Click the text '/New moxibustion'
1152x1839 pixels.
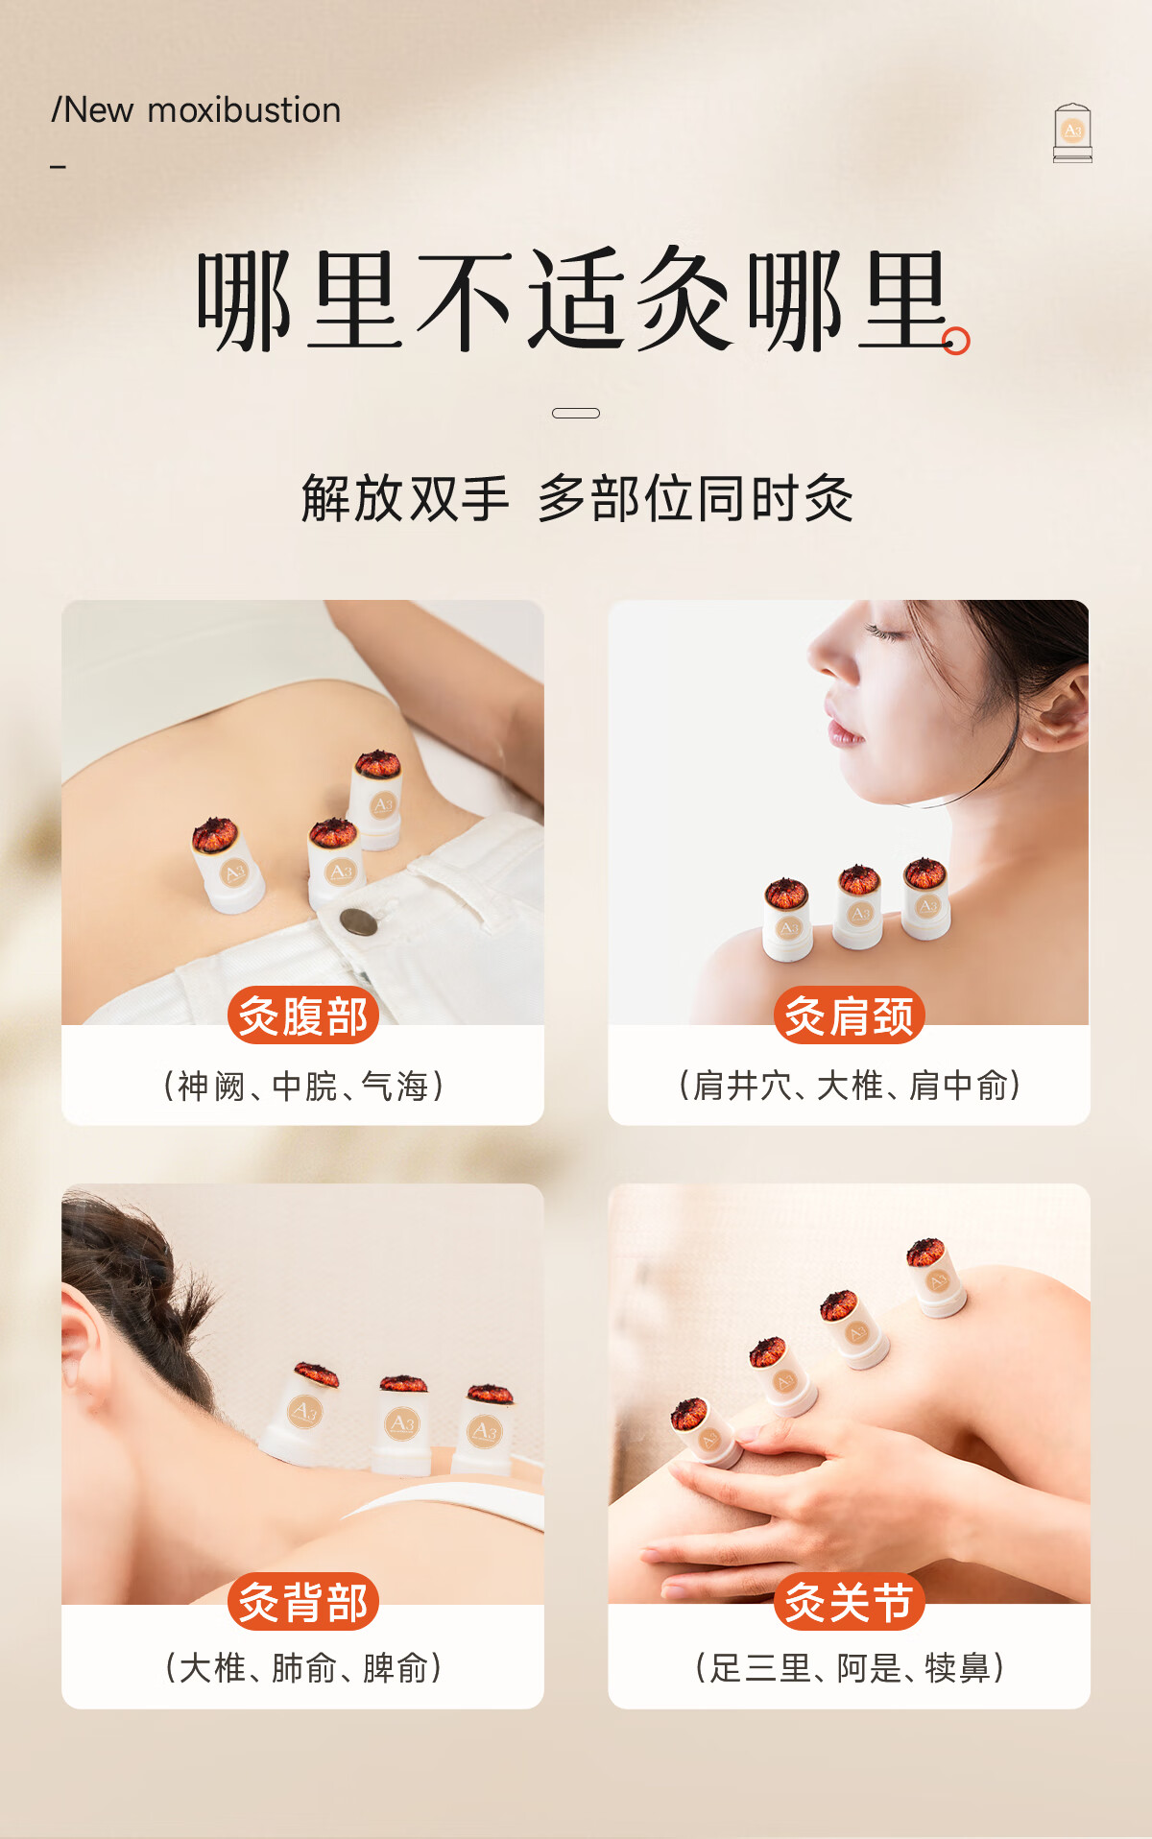[196, 110]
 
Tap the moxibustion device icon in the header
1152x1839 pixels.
[1072, 133]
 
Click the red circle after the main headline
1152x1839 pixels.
[956, 341]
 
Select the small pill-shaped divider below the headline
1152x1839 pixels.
[576, 413]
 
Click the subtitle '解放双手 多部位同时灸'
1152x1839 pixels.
[577, 498]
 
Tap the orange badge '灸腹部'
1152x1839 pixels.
[303, 1015]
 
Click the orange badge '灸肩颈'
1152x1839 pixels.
[850, 1015]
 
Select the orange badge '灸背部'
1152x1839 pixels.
[303, 1601]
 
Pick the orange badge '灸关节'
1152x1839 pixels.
[850, 1601]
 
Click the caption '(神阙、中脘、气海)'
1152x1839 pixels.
[303, 1086]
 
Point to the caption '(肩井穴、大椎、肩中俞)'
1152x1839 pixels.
[850, 1086]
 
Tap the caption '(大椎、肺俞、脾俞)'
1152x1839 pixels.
[303, 1668]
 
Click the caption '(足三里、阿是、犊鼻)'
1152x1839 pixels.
[850, 1668]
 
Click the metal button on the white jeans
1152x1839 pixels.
[358, 922]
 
